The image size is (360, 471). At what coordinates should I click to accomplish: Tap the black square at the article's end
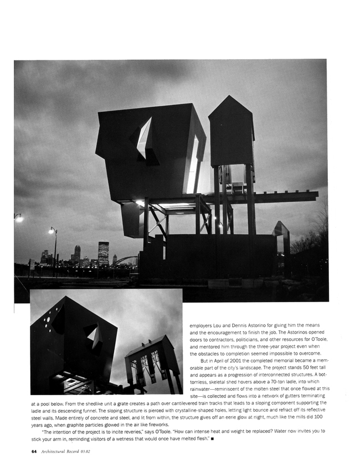pos(213,438)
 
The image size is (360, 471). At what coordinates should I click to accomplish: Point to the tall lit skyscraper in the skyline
pos(103,253)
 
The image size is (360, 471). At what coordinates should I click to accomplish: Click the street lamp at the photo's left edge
pos(18,219)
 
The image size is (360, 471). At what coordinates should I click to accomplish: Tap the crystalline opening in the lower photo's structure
pos(93,336)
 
